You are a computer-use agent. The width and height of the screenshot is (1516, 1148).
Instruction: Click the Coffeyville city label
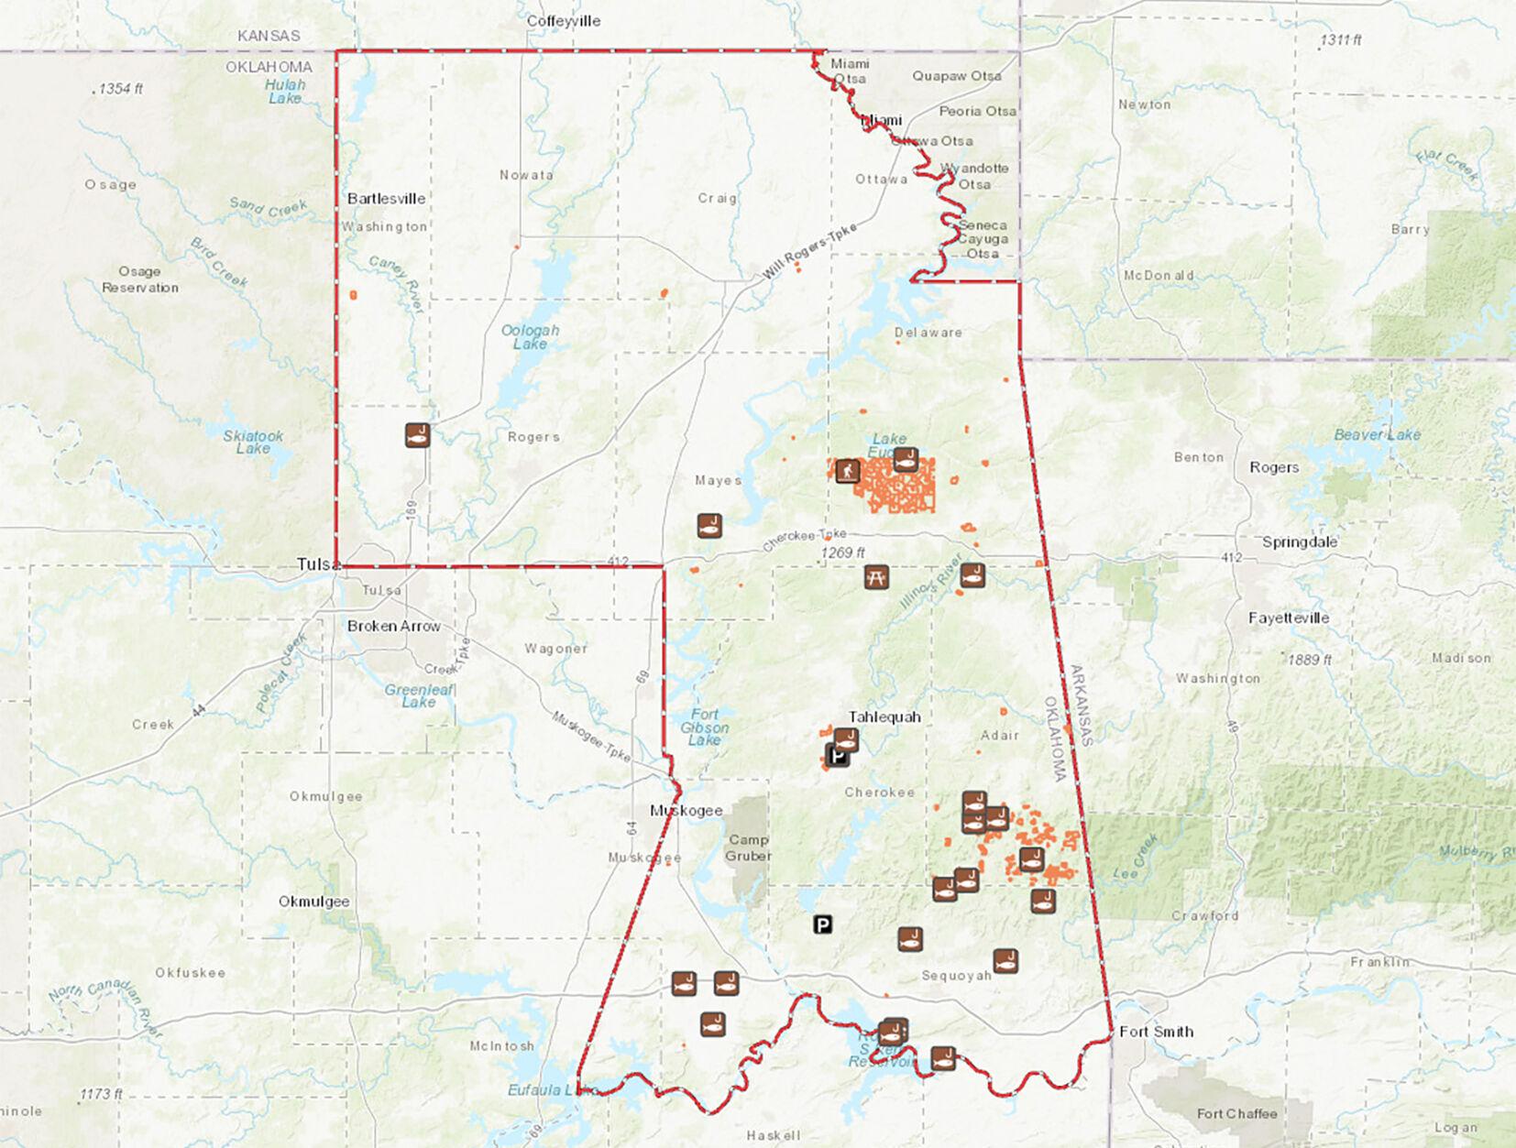click(x=563, y=20)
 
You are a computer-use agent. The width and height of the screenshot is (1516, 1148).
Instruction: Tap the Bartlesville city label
click(x=386, y=198)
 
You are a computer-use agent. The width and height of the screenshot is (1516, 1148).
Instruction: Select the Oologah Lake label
click(x=530, y=337)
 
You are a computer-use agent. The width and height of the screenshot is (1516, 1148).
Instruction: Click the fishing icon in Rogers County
click(x=418, y=434)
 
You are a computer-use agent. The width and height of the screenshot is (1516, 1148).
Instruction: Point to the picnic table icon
click(x=876, y=576)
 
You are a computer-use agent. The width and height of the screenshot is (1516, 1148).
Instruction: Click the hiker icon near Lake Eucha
click(x=847, y=471)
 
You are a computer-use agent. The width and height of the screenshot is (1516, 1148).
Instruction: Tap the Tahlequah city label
click(x=884, y=716)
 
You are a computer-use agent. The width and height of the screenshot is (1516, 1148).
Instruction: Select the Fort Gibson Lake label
click(x=704, y=727)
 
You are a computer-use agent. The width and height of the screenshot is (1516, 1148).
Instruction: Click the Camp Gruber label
click(x=749, y=847)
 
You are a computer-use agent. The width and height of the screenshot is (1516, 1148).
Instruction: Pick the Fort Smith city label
click(x=1156, y=1031)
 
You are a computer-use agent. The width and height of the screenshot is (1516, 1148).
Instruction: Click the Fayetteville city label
click(x=1288, y=618)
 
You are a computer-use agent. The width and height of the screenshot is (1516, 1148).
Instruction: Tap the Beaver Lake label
click(x=1377, y=434)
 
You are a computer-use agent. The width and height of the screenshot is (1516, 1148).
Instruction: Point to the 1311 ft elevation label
click(x=1340, y=40)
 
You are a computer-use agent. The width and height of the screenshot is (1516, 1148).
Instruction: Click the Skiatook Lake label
click(x=253, y=442)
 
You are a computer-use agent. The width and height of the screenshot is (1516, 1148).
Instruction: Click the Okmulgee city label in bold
click(x=313, y=901)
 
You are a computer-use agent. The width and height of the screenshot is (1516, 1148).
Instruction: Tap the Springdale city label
click(x=1299, y=541)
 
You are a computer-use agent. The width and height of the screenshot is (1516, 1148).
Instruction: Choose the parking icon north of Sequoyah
click(x=823, y=924)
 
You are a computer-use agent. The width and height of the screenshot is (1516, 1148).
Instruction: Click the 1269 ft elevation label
click(x=842, y=552)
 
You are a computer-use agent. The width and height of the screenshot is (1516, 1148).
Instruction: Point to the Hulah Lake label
click(x=285, y=91)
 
